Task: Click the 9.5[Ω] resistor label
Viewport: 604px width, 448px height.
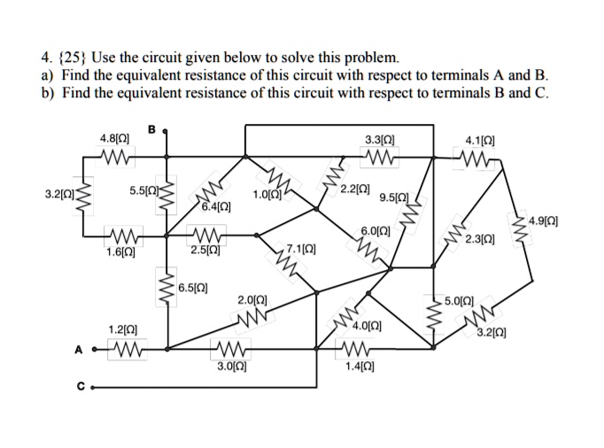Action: point(394,197)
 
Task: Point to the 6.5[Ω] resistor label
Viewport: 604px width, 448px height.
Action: point(192,288)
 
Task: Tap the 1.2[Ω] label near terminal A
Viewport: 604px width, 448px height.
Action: point(122,329)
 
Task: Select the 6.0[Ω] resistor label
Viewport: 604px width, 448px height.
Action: point(376,232)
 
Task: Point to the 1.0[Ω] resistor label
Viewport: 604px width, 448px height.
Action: point(267,195)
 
